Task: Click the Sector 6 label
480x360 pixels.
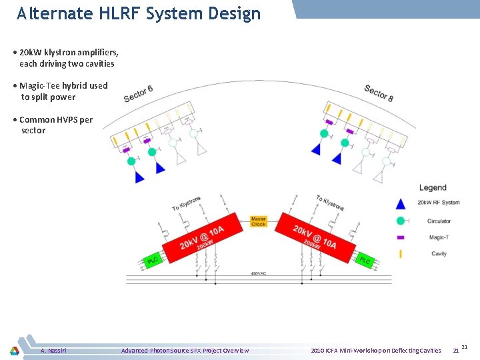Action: [x=138, y=95]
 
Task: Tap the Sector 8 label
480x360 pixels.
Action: [x=378, y=93]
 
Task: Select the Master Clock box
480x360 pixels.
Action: [x=258, y=221]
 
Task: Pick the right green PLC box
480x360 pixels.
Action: [x=365, y=260]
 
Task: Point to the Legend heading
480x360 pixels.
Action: [x=433, y=188]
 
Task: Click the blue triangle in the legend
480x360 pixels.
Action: [x=400, y=204]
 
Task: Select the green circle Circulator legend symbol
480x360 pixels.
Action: [x=400, y=221]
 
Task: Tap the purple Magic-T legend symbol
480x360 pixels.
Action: [x=400, y=237]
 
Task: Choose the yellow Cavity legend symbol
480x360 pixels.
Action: [x=400, y=254]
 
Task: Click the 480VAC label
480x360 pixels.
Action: [x=258, y=273]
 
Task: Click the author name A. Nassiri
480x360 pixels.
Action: [x=53, y=351]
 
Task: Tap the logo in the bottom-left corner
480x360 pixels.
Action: [x=15, y=350]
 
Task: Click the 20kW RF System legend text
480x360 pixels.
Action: [x=439, y=203]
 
